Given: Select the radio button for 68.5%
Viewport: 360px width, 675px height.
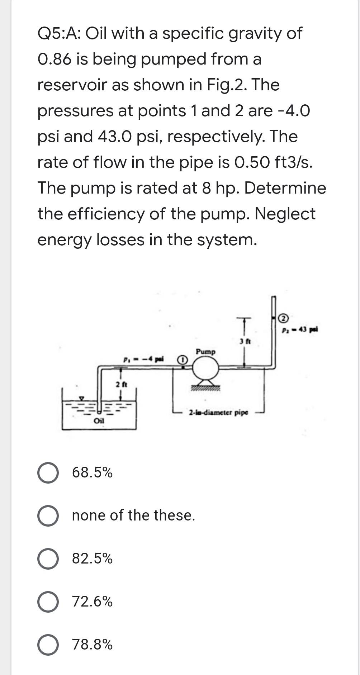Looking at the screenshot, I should [x=48, y=473].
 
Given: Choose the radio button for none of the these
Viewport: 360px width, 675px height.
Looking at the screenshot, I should [x=48, y=516].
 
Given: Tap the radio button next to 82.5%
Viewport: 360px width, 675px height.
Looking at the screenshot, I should [x=48, y=558].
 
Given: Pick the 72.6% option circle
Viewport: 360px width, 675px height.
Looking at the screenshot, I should [x=48, y=601].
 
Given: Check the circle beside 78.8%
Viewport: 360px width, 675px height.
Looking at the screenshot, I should [x=48, y=645].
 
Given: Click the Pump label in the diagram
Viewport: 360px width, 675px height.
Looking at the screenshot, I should [x=205, y=352].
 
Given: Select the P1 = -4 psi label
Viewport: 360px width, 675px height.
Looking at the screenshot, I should [x=143, y=359].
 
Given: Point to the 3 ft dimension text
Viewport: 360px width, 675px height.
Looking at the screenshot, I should [x=245, y=341].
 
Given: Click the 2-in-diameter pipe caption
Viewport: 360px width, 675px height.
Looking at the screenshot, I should [x=218, y=412].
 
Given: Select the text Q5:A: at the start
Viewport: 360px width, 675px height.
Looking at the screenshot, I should [x=59, y=33].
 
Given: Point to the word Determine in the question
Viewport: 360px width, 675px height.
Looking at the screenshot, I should [x=285, y=188].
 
